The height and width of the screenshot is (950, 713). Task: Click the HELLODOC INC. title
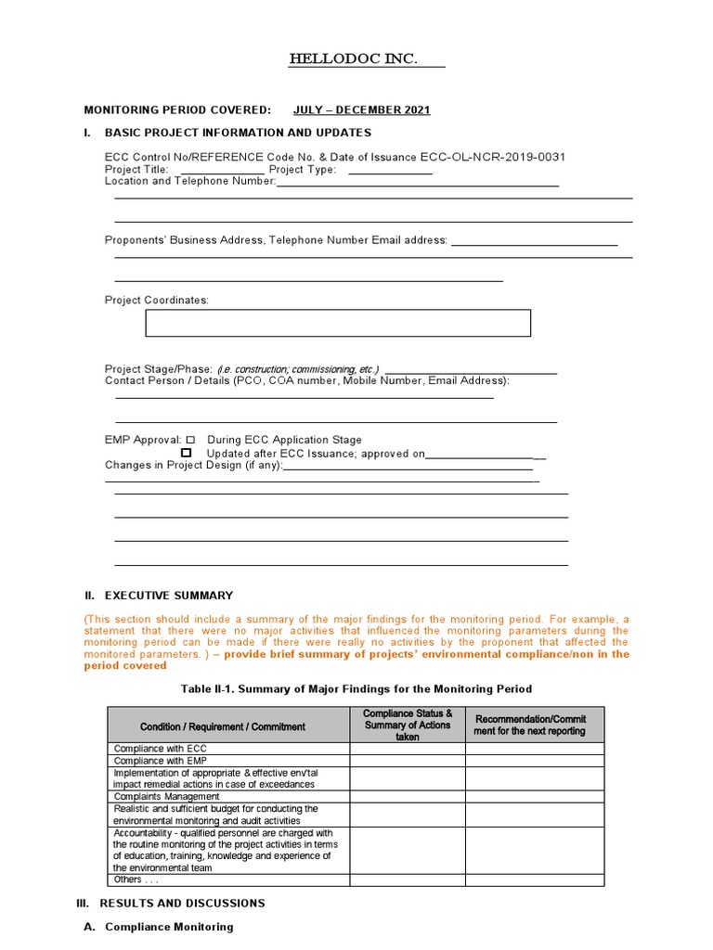(x=353, y=60)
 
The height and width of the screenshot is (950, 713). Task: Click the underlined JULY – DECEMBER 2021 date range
(x=361, y=110)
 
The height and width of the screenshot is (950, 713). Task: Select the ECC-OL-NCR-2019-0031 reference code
(x=493, y=157)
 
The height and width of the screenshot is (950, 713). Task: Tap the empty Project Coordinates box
(x=338, y=323)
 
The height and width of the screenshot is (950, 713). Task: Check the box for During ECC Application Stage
(x=190, y=440)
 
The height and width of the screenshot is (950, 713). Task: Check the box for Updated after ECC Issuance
(x=187, y=453)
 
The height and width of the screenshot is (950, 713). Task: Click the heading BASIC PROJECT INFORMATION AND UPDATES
(x=238, y=133)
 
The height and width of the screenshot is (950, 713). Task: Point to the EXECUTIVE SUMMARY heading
(x=169, y=596)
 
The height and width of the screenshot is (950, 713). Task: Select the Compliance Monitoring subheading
(x=170, y=927)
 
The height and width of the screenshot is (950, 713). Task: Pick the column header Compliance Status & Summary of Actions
(x=408, y=725)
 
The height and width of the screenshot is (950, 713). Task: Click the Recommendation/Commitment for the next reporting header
(x=530, y=725)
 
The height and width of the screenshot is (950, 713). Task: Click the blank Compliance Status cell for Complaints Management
(x=408, y=796)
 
